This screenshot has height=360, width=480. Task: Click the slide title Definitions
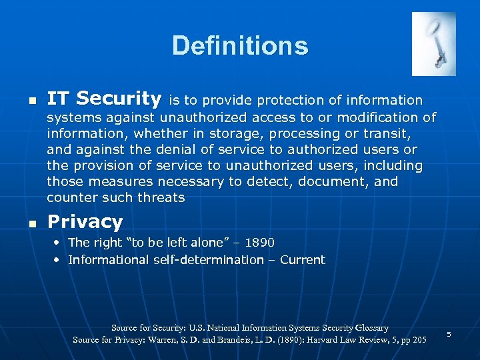click(240, 46)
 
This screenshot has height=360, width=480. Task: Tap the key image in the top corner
click(433, 44)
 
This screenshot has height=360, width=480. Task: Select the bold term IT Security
click(104, 99)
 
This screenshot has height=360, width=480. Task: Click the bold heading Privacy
click(85, 221)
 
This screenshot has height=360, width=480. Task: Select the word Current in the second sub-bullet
click(303, 260)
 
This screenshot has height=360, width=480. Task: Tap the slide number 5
click(449, 333)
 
